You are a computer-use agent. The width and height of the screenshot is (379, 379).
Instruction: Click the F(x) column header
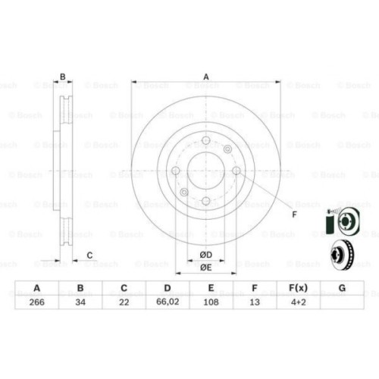tap(297, 287)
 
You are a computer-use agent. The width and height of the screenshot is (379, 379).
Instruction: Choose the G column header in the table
tap(341, 287)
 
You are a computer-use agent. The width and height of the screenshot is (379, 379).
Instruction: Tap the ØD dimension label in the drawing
tap(205, 254)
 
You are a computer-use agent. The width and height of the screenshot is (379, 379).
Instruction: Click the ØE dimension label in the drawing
tap(205, 267)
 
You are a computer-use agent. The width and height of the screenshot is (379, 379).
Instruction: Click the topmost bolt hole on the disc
tap(205, 139)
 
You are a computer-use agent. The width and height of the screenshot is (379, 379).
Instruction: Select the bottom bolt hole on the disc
tap(205, 200)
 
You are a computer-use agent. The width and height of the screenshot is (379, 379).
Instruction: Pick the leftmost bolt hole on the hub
tap(176, 171)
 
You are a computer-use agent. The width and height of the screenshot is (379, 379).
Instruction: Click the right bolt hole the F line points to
tap(236, 171)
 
